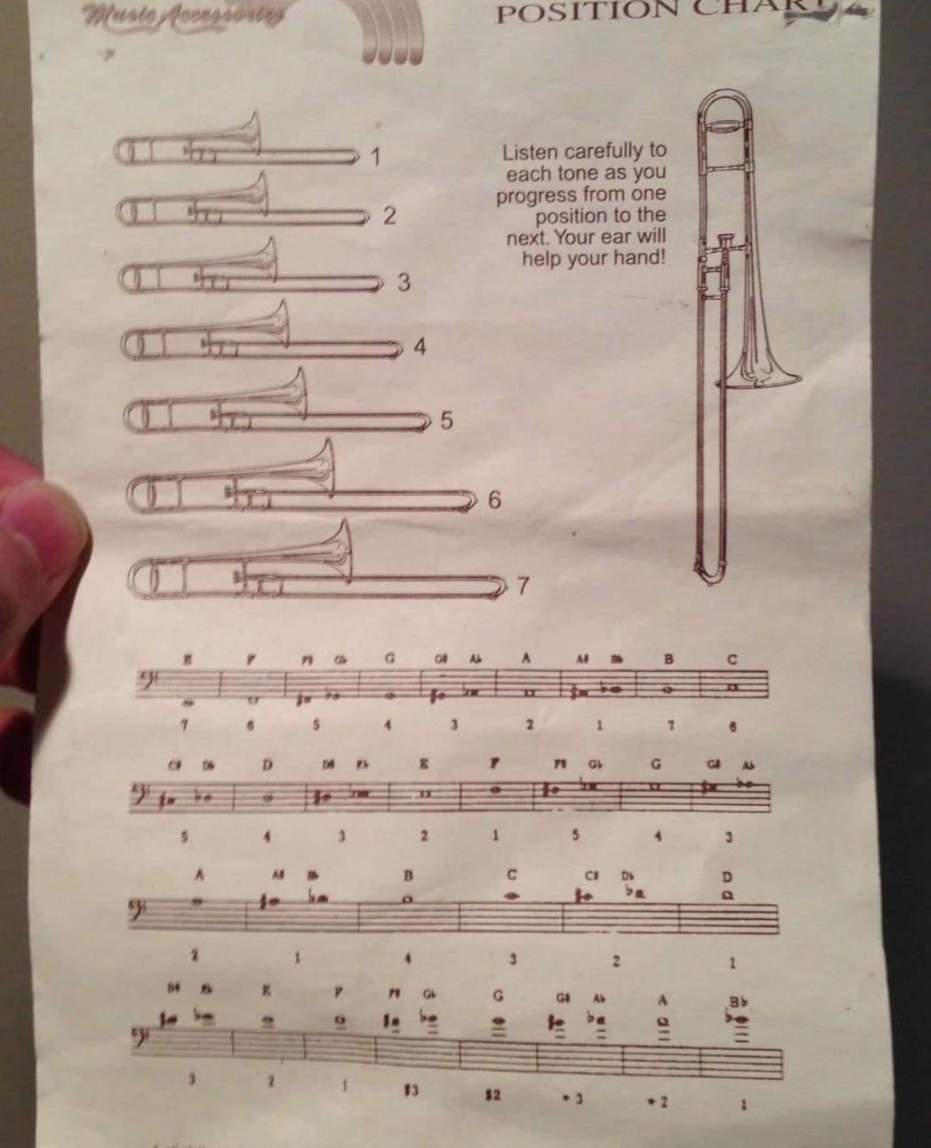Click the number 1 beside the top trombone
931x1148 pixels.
(x=377, y=156)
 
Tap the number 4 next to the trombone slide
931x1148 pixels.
(x=420, y=347)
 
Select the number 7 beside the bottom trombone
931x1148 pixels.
(x=522, y=587)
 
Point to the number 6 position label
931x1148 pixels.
(x=494, y=500)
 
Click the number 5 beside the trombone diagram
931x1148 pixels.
(x=446, y=421)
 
